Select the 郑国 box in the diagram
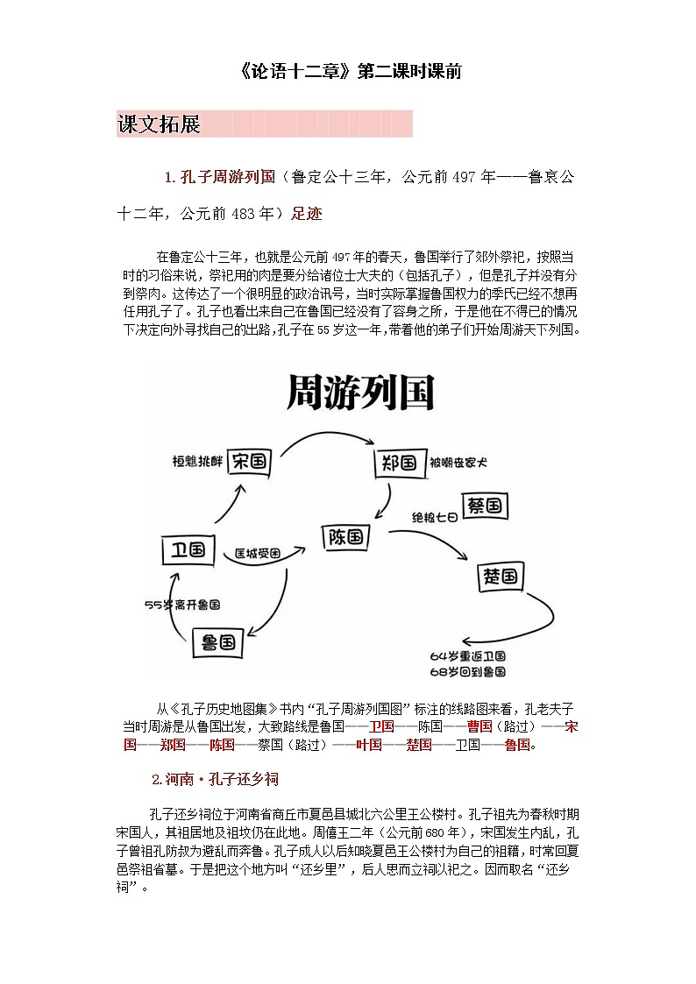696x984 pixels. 397,462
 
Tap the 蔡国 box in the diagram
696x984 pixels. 484,506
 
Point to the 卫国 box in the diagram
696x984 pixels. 188,550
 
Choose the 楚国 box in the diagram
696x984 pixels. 501,576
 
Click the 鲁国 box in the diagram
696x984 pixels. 215,642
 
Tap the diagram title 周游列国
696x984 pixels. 360,394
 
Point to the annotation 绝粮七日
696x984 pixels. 435,518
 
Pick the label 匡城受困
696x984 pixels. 257,554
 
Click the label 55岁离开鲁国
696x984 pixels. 182,605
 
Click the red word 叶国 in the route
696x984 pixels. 369,745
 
